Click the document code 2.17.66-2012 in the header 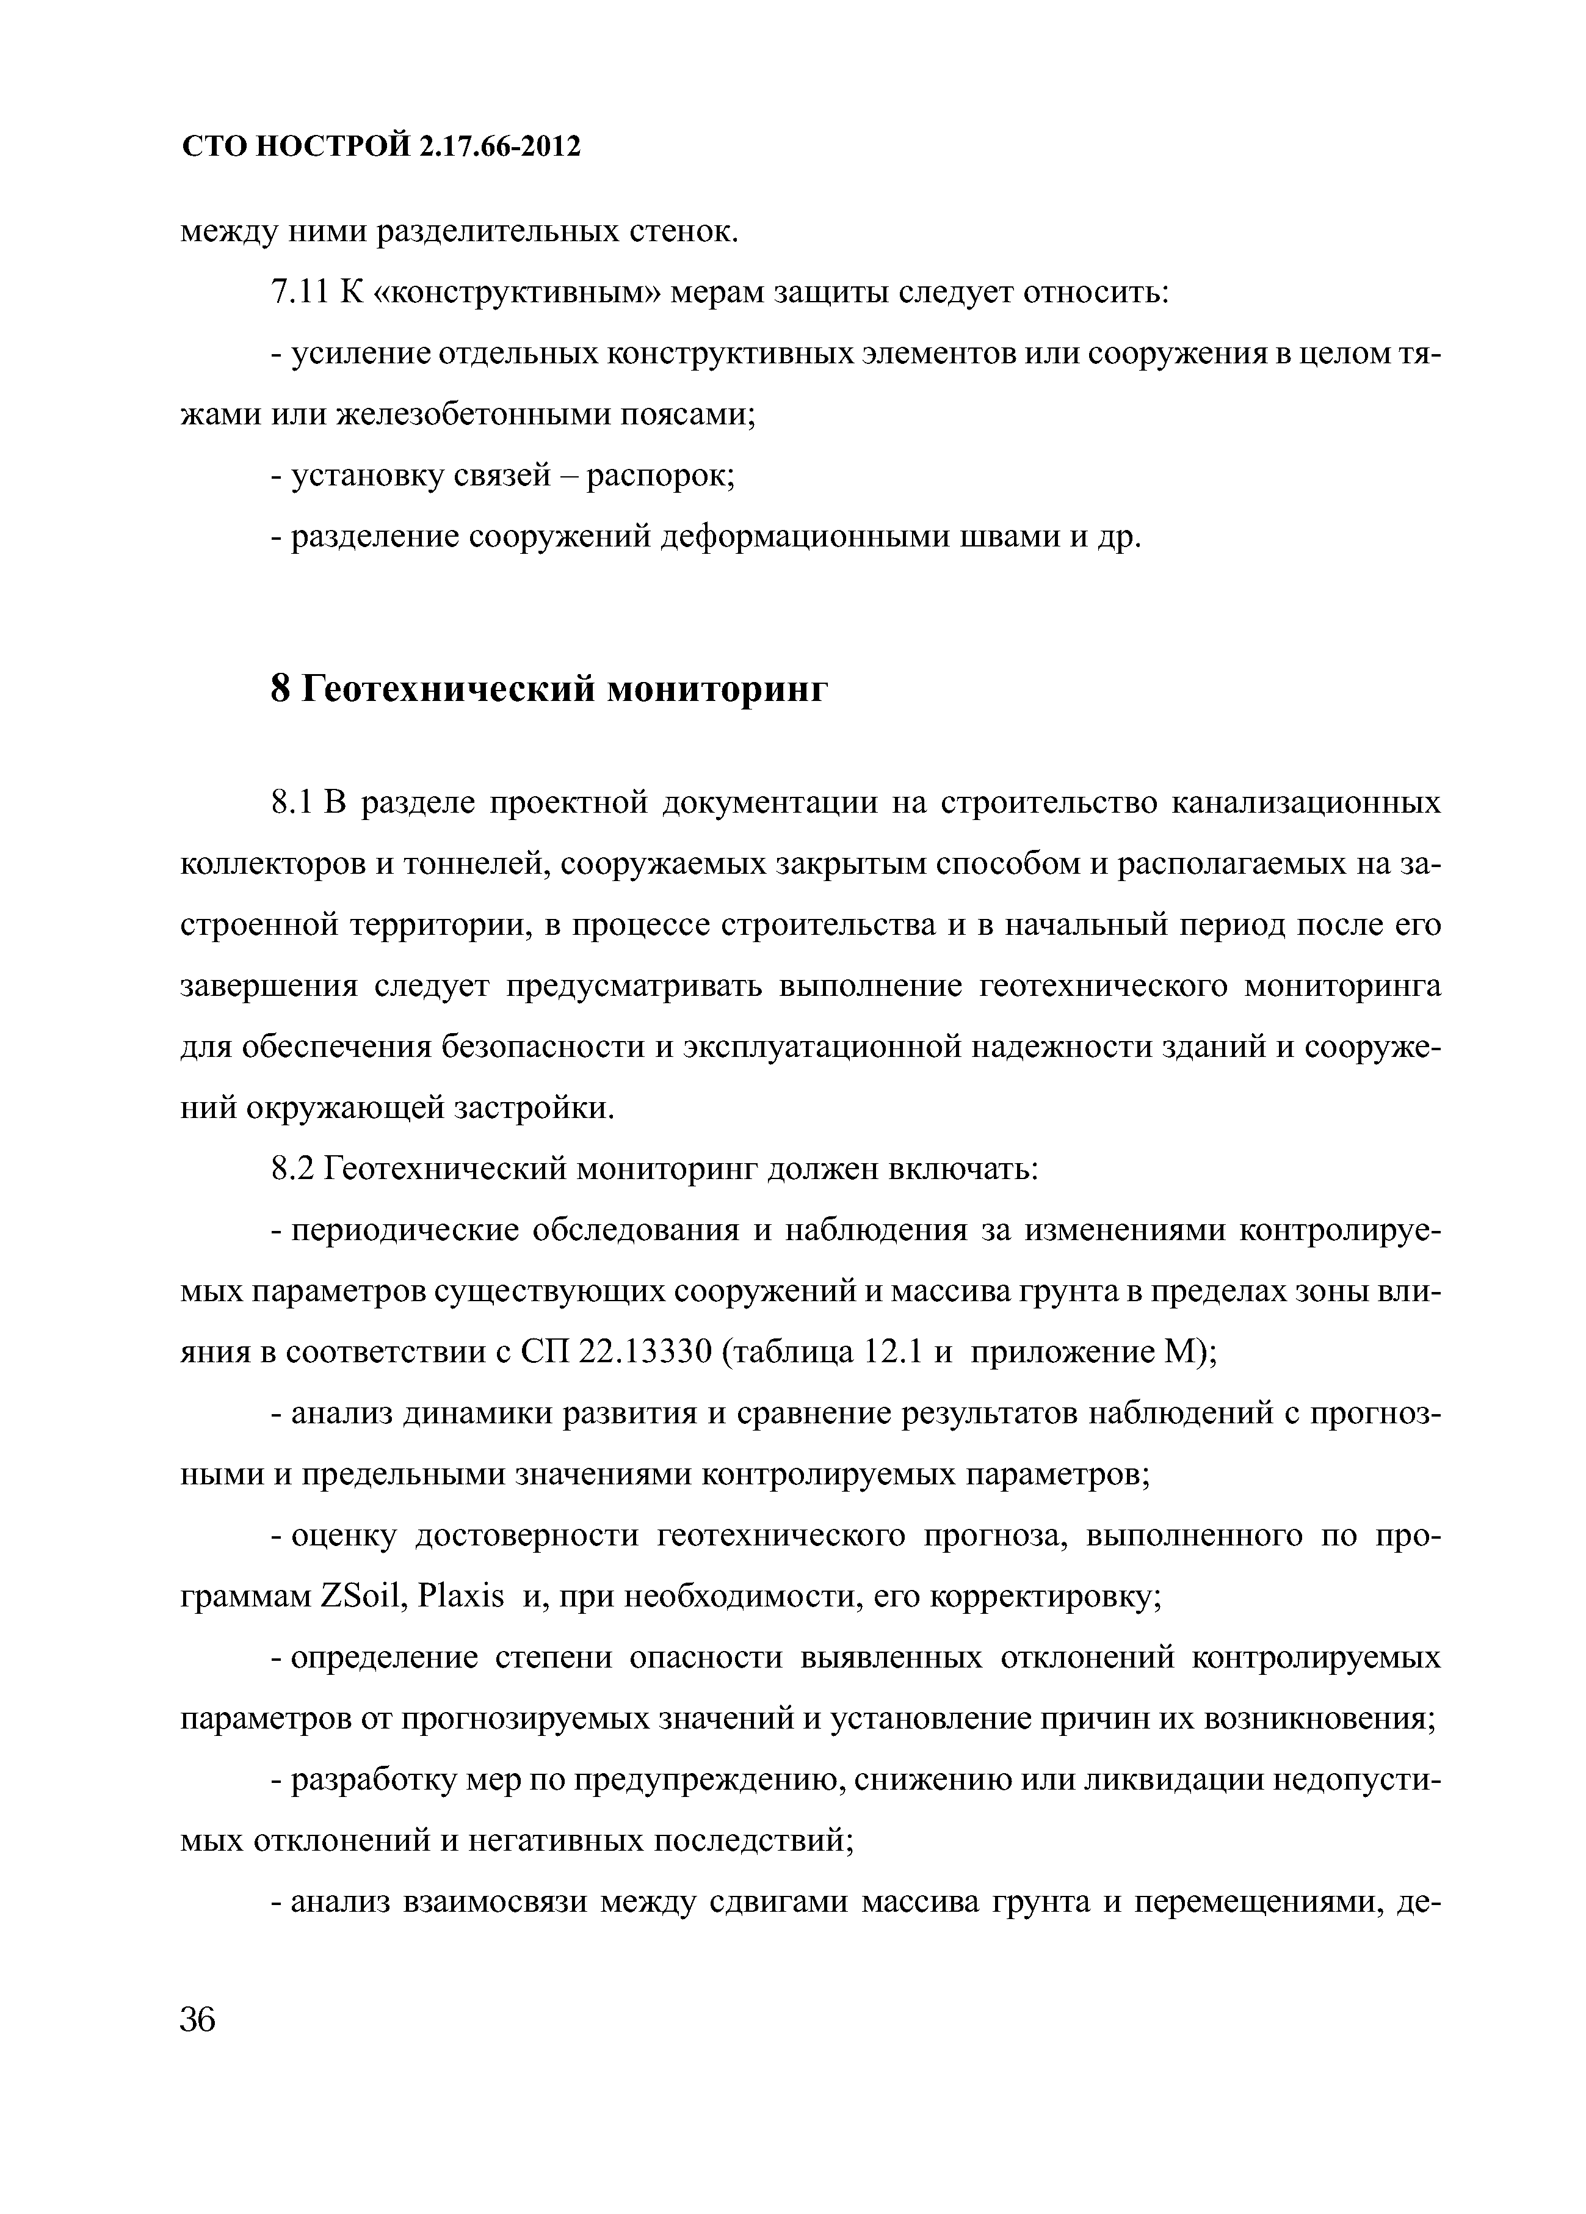[502, 147]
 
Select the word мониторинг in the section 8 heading [717, 689]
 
